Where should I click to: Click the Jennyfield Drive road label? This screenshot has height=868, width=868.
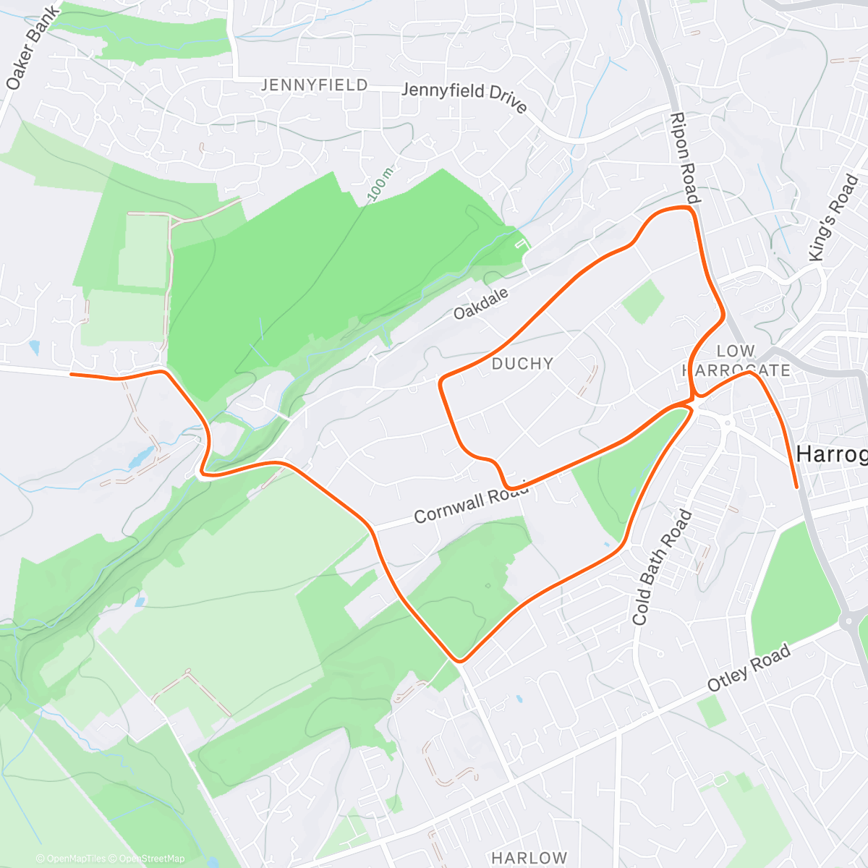pyautogui.click(x=464, y=97)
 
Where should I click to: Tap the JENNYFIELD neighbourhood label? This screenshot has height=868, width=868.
pyautogui.click(x=314, y=85)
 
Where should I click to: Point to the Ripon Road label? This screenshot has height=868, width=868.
pyautogui.click(x=684, y=158)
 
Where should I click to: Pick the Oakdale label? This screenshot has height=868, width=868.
pyautogui.click(x=481, y=303)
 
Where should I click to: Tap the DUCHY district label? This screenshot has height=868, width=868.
pyautogui.click(x=522, y=363)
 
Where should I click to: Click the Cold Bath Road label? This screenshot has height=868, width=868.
pyautogui.click(x=661, y=568)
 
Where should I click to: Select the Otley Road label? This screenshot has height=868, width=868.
pyautogui.click(x=749, y=668)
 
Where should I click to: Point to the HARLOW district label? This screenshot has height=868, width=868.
pyautogui.click(x=529, y=858)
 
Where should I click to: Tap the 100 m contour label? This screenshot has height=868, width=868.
pyautogui.click(x=380, y=185)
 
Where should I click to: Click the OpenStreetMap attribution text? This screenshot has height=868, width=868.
pyautogui.click(x=151, y=859)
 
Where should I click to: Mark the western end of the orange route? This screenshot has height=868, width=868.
pyautogui.click(x=71, y=374)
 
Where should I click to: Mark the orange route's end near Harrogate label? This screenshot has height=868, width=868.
pyautogui.click(x=797, y=488)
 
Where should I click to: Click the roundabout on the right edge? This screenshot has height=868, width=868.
pyautogui.click(x=848, y=620)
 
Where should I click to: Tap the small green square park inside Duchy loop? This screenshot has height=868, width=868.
pyautogui.click(x=642, y=301)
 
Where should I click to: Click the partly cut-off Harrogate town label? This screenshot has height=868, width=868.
pyautogui.click(x=832, y=454)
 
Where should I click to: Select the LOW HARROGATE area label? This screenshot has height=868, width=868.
pyautogui.click(x=736, y=360)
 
